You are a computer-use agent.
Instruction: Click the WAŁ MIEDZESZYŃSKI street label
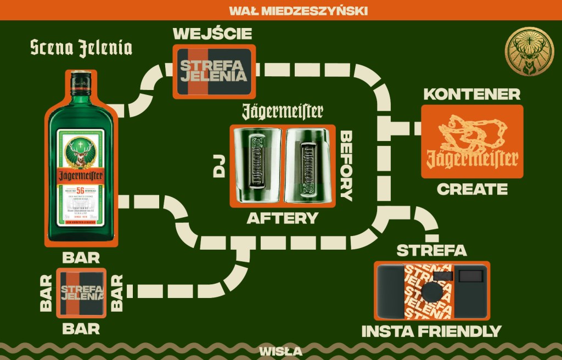click(x=298, y=10)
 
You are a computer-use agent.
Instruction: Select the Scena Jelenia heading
click(x=81, y=48)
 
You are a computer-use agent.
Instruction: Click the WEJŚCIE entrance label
click(x=212, y=33)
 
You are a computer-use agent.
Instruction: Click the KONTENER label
click(x=471, y=94)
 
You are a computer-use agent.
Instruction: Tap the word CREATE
click(x=472, y=189)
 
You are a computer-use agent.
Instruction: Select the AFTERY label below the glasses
click(x=282, y=218)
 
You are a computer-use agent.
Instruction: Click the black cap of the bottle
click(x=81, y=83)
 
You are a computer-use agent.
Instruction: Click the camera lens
click(x=431, y=291)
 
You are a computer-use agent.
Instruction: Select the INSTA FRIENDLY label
click(x=431, y=331)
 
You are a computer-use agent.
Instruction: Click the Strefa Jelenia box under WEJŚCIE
click(x=214, y=71)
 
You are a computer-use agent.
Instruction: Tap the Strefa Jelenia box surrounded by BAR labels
click(x=82, y=293)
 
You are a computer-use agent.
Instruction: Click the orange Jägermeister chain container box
click(x=472, y=142)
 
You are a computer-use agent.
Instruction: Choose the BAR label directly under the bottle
click(x=81, y=257)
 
